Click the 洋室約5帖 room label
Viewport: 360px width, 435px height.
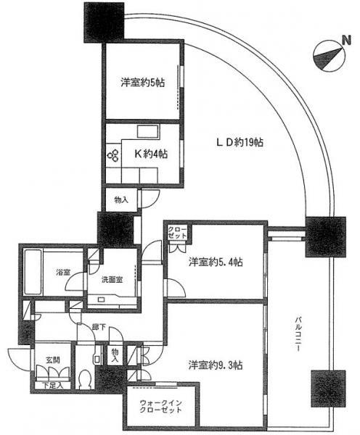pos(143,83)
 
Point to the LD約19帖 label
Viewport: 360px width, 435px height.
pos(237,143)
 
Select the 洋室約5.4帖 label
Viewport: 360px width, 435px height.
pos(216,260)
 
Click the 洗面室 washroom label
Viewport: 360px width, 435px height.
pos(111,278)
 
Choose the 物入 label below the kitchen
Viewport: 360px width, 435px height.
pos(120,199)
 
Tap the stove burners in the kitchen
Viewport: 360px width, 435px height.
pos(113,154)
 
